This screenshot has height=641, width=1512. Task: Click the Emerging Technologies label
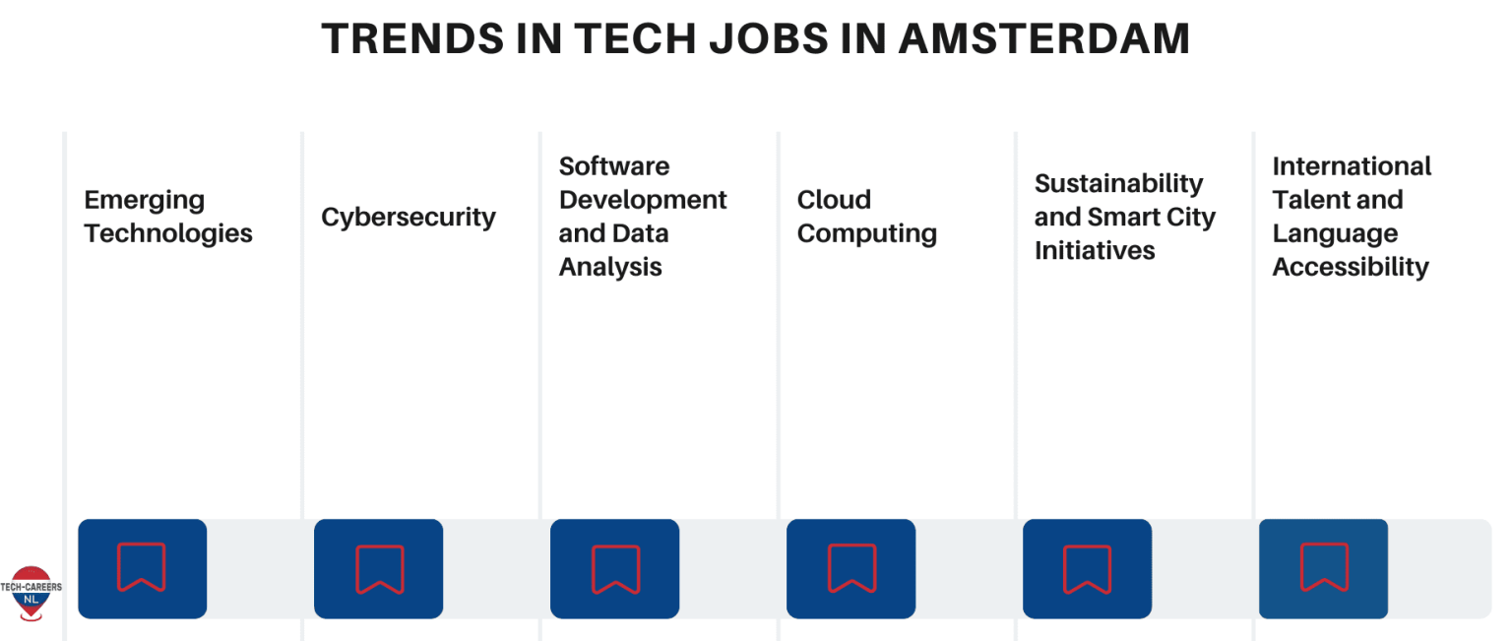coord(168,217)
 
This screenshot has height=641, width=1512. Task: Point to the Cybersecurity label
coord(409,218)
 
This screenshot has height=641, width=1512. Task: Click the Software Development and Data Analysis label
coord(643,217)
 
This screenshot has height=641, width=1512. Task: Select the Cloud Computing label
coord(866,217)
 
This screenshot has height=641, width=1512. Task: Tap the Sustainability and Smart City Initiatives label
coord(1125,217)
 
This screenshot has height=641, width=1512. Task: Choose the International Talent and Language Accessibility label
coord(1352,217)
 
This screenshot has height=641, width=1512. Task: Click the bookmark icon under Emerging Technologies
coord(142,568)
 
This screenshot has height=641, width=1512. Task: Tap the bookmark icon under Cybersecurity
coord(379,568)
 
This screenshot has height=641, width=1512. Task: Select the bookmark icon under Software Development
coord(615,568)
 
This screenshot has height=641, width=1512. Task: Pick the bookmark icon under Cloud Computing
coord(851,568)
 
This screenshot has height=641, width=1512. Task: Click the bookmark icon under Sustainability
coord(1088,568)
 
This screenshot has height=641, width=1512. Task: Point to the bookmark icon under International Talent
coord(1324,568)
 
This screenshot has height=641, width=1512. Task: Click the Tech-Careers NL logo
coord(31,593)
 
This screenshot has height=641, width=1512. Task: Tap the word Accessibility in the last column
coord(1350,267)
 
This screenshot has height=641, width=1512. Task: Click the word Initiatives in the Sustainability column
coord(1095,251)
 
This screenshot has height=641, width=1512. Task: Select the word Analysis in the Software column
coord(610,267)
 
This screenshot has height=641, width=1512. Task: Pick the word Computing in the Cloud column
coord(866,234)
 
